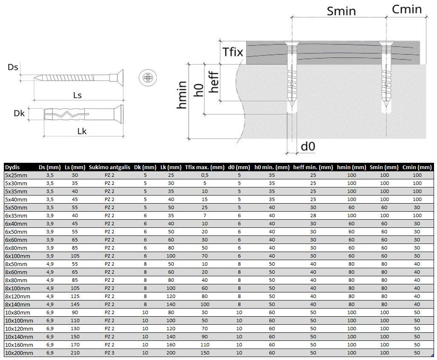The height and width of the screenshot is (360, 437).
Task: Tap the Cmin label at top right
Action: pyautogui.click(x=406, y=9)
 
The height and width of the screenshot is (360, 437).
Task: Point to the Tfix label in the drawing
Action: pyautogui.click(x=233, y=52)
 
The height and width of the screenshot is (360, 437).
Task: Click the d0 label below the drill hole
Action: pyautogui.click(x=308, y=147)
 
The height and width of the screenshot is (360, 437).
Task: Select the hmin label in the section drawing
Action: pyautogui.click(x=182, y=94)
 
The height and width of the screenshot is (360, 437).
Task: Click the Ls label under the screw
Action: pyautogui.click(x=77, y=95)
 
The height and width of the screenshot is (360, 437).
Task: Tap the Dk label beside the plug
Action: pyautogui.click(x=19, y=113)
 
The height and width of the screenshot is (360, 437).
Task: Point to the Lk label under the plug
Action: pyautogui.click(x=82, y=131)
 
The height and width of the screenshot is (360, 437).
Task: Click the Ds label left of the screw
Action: pyautogui.click(x=13, y=67)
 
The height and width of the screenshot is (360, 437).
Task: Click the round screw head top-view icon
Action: pyautogui.click(x=147, y=78)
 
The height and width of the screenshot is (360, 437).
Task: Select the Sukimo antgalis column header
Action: pyautogui.click(x=109, y=167)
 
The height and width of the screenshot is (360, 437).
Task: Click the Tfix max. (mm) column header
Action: pyautogui.click(x=205, y=167)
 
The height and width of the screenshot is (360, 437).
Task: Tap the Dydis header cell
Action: pyautogui.click(x=12, y=167)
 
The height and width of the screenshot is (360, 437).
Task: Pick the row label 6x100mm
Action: pyautogui.click(x=17, y=256)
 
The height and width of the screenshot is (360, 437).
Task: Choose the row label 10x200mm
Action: pyautogui.click(x=19, y=353)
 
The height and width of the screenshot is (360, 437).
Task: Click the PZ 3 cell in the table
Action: pyautogui.click(x=110, y=353)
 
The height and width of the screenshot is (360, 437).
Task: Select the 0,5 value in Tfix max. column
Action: pyautogui.click(x=205, y=175)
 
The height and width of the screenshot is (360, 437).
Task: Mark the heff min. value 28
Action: pyautogui.click(x=313, y=215)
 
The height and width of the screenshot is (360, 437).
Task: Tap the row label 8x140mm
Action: pyautogui.click(x=17, y=304)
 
